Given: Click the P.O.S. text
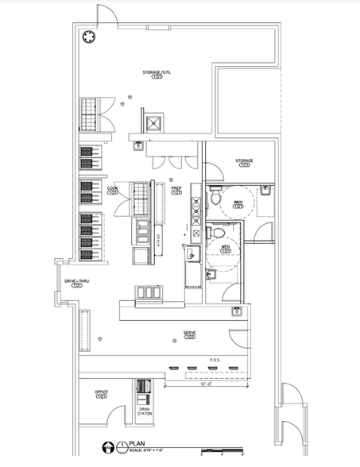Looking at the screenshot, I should [x=213, y=358].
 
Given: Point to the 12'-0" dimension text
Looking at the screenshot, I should [x=207, y=384].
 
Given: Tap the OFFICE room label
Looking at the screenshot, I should [x=101, y=393].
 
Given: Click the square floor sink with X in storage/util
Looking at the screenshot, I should [x=153, y=123].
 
